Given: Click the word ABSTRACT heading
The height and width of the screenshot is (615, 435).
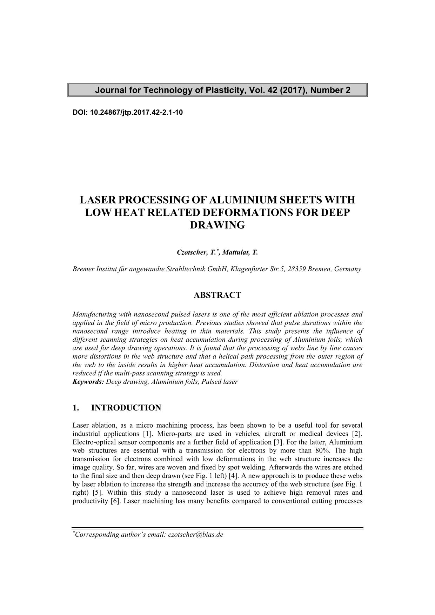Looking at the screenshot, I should point(217,295).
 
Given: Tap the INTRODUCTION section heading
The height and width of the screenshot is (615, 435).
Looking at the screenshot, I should point(126,408).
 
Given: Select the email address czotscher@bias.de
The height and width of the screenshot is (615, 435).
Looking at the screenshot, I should point(196,535).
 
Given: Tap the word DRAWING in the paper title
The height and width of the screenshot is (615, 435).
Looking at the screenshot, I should point(217,225).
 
